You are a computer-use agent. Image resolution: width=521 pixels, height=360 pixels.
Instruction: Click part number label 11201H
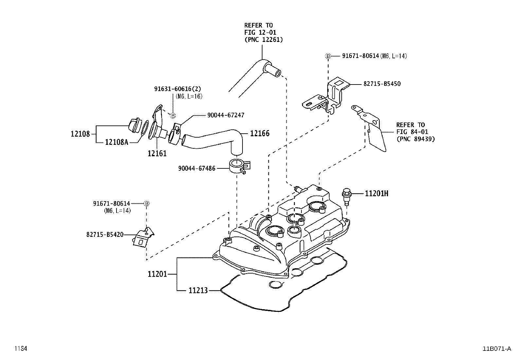pos(376,194)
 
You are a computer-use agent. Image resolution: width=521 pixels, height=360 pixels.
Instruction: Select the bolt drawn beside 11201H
pos(346,196)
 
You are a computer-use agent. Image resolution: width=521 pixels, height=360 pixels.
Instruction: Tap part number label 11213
pos(198,290)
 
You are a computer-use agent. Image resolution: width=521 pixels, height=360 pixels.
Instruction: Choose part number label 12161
pos(157,153)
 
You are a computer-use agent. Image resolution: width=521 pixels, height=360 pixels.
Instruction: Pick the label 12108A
pos(116,142)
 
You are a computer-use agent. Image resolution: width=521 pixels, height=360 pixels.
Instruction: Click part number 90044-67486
pos(197,168)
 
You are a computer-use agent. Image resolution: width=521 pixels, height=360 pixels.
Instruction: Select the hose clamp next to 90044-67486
pos(238,166)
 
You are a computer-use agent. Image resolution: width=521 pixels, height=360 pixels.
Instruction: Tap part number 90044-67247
pos(225,115)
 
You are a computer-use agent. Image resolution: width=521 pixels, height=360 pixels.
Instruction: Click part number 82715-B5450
pos(382,84)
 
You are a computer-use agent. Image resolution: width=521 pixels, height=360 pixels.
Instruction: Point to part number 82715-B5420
pos(105,235)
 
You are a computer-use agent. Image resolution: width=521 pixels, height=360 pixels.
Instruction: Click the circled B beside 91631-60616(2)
pos(173,115)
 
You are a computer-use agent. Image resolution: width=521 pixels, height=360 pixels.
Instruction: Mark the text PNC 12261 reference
pos(263,40)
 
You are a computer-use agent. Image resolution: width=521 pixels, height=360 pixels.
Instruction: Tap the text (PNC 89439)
pos(415,139)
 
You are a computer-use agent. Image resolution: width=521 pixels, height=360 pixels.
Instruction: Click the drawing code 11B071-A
pos(496,349)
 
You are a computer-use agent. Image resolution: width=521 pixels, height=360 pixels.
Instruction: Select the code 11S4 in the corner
pos(20,349)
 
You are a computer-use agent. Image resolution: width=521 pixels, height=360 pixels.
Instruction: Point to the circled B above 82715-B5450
pos(328,56)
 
